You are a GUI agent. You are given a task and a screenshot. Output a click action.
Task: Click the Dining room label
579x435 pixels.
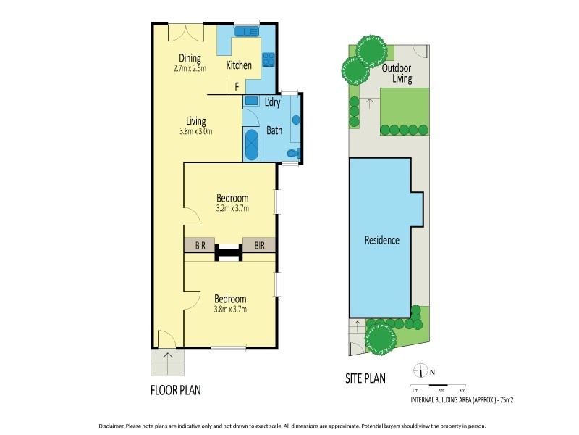point(190,59)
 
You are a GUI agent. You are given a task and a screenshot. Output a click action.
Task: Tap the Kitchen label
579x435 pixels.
point(239,65)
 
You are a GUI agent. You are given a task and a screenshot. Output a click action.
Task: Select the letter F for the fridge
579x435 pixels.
point(237,86)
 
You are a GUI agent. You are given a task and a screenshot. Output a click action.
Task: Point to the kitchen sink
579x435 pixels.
point(247,32)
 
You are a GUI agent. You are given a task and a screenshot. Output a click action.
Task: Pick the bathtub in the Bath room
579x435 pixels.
point(251,146)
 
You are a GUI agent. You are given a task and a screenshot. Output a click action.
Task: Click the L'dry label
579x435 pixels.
point(272,103)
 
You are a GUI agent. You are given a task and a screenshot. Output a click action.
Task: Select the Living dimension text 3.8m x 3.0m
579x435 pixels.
point(195,131)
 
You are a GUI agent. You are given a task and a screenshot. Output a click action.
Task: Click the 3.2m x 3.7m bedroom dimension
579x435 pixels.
point(232,208)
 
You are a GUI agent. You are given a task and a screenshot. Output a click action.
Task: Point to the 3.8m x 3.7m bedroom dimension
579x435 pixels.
point(231,308)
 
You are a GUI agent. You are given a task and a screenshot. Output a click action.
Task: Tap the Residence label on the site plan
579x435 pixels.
point(381,240)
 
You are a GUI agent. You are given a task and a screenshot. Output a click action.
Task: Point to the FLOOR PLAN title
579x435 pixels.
point(175,390)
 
